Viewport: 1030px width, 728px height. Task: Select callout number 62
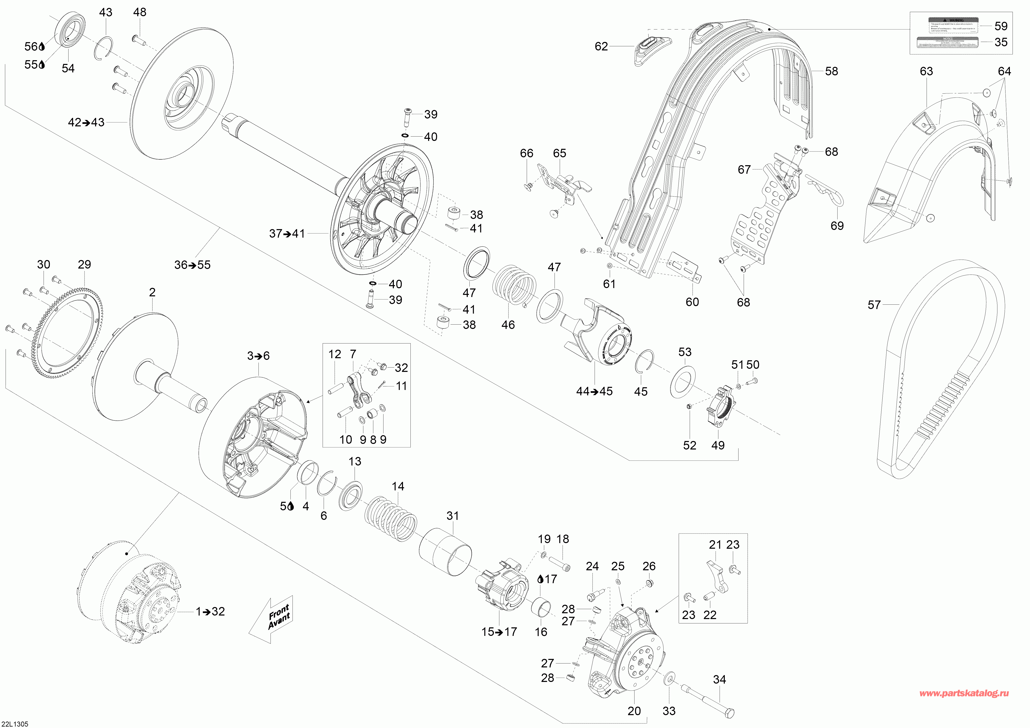click(x=601, y=46)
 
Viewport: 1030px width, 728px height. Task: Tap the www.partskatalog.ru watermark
click(x=964, y=694)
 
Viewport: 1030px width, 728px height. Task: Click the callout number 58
click(x=831, y=71)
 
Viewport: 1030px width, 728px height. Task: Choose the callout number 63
click(x=926, y=71)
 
